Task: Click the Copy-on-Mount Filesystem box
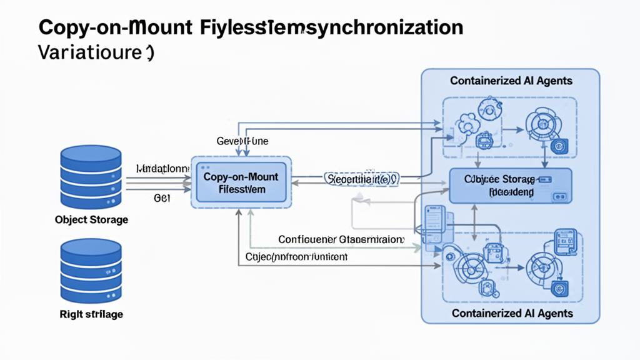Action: click(241, 182)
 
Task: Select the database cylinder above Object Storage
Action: click(91, 178)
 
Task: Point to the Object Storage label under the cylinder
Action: click(91, 220)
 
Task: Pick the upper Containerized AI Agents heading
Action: click(511, 81)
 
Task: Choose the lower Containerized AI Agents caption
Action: click(512, 312)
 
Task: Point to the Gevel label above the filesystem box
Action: click(242, 141)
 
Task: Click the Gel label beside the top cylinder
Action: click(162, 197)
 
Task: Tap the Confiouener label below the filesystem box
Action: click(341, 239)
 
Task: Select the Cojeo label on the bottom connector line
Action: click(296, 256)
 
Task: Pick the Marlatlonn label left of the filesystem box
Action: click(162, 169)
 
